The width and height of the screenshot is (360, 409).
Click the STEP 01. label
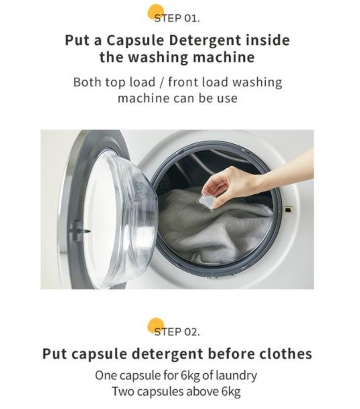click(x=177, y=18)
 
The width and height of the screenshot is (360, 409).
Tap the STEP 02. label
click(x=177, y=332)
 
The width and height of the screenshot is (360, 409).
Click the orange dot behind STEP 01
click(x=156, y=12)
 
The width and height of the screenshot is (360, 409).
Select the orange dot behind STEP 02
click(x=156, y=326)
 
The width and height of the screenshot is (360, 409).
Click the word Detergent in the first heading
click(x=205, y=41)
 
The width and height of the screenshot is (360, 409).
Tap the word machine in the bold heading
click(x=223, y=58)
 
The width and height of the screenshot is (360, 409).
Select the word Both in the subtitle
click(x=87, y=82)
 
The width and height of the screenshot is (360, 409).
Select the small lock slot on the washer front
click(x=288, y=209)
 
